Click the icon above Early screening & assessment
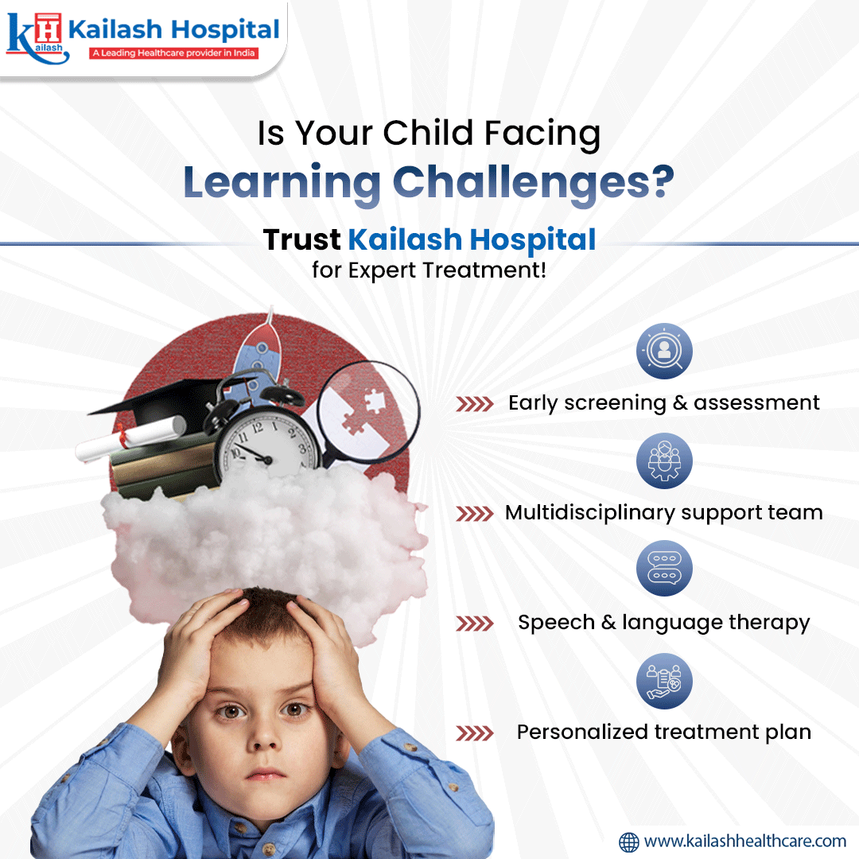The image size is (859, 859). (664, 351)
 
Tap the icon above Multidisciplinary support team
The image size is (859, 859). (664, 461)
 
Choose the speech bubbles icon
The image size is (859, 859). (664, 569)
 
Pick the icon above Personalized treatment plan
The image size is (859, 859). (664, 681)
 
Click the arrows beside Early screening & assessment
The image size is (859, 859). (475, 404)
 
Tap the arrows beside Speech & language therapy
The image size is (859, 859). (475, 623)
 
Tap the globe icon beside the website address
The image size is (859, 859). (629, 841)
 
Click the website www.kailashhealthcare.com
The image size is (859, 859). (744, 841)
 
